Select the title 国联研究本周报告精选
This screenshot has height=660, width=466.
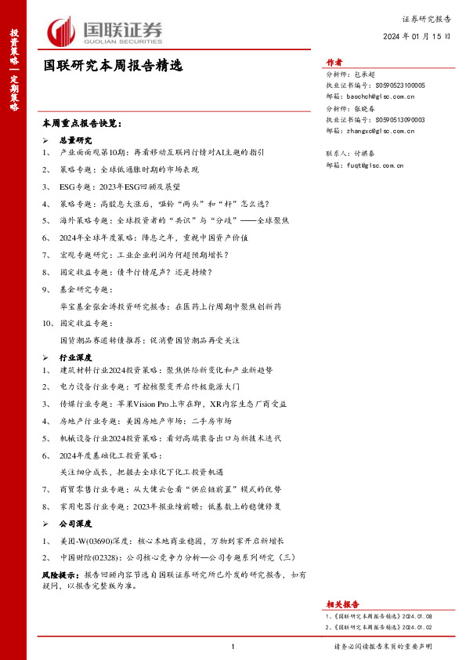click(113, 67)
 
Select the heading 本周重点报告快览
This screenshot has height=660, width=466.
click(82, 124)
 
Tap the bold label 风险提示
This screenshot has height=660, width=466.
click(60, 575)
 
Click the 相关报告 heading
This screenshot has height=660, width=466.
click(342, 604)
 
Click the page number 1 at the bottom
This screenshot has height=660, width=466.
click(233, 647)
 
